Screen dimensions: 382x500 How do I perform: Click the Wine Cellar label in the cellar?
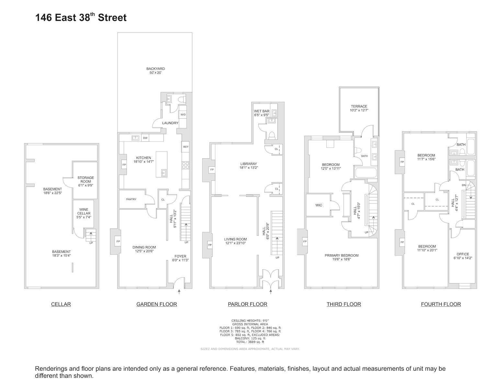pos(84,213)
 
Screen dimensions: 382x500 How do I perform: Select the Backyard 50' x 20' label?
pos(155,71)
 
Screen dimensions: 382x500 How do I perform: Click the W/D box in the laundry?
pos(183,114)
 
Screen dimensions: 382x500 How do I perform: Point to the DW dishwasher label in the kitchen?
pos(145,138)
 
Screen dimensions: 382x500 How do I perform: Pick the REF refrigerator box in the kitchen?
pos(186,147)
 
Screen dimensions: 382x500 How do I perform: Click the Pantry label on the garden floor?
pos(131,199)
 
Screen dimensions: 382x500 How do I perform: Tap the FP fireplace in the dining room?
pos(118,241)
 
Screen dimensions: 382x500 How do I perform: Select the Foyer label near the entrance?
pos(180,258)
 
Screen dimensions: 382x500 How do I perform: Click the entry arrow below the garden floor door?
pos(179,292)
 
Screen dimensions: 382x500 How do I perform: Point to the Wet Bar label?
pos(261,113)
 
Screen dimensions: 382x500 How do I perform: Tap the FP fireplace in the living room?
pos(210,245)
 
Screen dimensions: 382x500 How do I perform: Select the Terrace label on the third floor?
pos(359,108)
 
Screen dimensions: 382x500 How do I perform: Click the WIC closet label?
pos(319,205)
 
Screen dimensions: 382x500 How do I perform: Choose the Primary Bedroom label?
pos(342,257)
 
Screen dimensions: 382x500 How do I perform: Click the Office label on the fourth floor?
pos(462,256)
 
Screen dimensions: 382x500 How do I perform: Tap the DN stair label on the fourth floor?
pos(464,185)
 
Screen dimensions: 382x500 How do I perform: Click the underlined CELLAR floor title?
pos(61,304)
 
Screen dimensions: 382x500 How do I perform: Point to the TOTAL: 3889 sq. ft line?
pos(250,342)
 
